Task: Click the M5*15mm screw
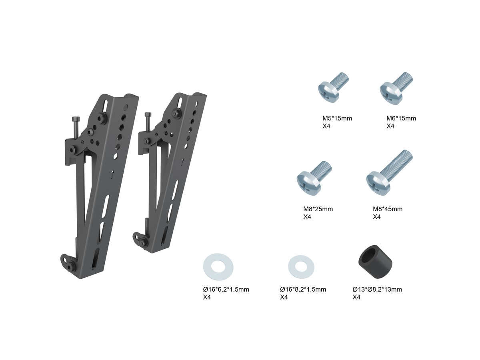click(x=332, y=88)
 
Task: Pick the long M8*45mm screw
click(x=388, y=173)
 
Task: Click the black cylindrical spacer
click(x=375, y=262)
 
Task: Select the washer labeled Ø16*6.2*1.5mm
click(x=218, y=267)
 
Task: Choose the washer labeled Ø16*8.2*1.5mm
click(x=301, y=266)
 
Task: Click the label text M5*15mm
click(x=337, y=118)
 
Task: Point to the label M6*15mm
click(x=401, y=118)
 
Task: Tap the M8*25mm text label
click(x=318, y=209)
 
